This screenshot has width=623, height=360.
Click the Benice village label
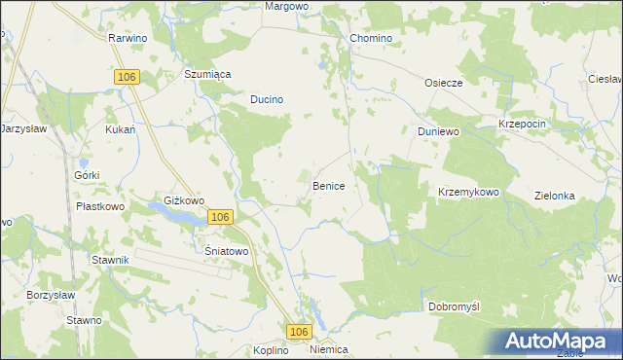tap(328, 185)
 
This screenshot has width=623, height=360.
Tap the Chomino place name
tap(370, 38)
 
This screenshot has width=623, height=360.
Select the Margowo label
tap(287, 6)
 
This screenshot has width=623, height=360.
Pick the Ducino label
tap(267, 99)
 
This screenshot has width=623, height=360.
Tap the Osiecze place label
tap(442, 83)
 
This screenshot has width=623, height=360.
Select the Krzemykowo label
tap(468, 193)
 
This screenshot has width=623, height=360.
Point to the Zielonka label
tap(555, 196)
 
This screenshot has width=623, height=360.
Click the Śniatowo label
tap(227, 250)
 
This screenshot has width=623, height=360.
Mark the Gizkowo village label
tap(184, 200)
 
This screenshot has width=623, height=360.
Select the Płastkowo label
tap(100, 206)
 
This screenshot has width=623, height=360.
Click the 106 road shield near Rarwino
tap(126, 76)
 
